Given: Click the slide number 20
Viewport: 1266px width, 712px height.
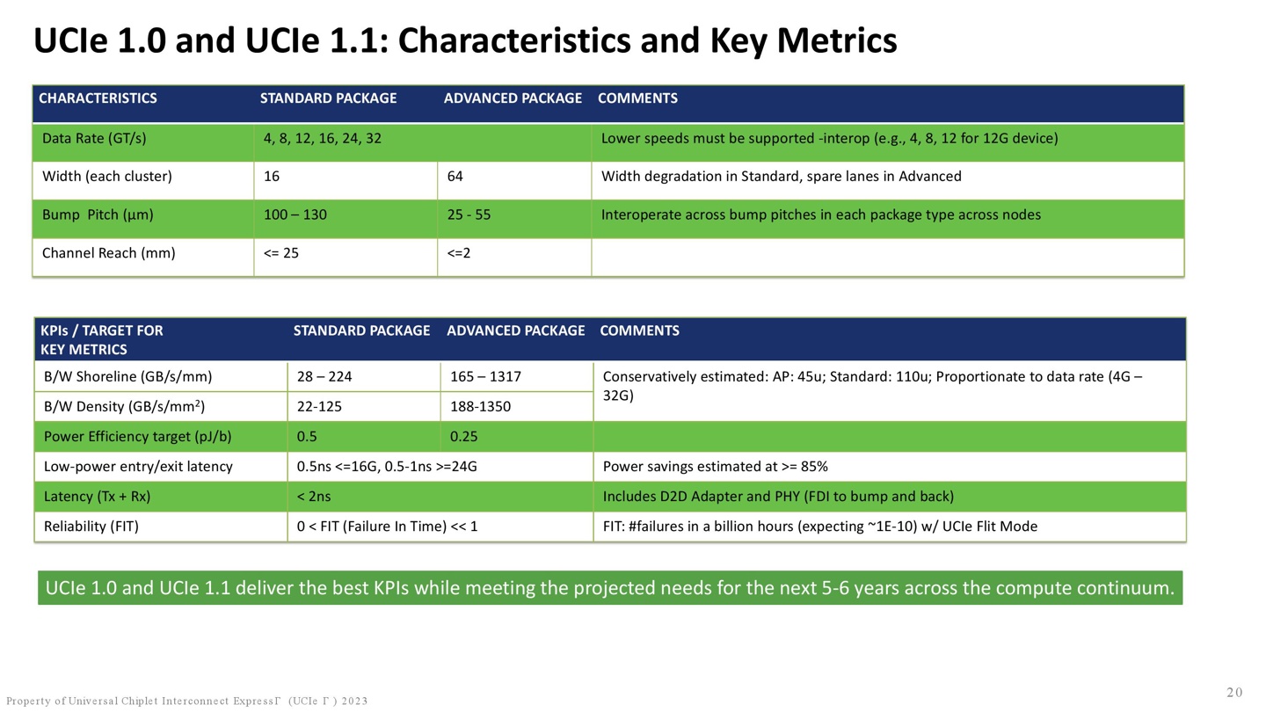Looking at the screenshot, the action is pos(1234,693).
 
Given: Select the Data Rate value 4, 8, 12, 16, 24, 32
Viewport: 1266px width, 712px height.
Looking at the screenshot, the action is pos(322,139).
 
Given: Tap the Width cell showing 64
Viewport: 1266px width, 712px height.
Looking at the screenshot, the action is pos(455,177).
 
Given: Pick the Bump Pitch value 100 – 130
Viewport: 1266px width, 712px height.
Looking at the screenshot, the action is pos(295,214).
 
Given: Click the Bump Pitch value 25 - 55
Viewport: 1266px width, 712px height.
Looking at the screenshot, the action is pos(469,214).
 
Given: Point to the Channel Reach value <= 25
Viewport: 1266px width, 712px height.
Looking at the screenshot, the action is pos(281,253).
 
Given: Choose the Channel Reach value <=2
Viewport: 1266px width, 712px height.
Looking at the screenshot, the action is pos(458,253).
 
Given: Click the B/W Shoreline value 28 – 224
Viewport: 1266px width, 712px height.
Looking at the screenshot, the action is pos(324,376).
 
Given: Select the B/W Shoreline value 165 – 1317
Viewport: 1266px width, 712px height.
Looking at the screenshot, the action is pos(485,376).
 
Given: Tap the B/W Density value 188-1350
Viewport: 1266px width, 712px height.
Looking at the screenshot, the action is pos(480,406).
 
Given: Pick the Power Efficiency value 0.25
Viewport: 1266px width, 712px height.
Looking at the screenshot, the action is pos(463,436).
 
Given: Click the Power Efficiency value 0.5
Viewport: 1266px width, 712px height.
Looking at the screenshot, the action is pos(307,436).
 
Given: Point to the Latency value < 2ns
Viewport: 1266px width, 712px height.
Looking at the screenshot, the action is pos(314,496).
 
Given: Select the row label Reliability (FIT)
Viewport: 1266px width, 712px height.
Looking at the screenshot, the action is pos(91,527).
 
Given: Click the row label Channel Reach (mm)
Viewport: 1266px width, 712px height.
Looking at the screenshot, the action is pos(108,253).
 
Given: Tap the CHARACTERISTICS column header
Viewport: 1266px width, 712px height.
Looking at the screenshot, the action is pos(98,98).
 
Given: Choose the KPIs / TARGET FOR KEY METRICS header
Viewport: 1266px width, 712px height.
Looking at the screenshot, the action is pos(102,339).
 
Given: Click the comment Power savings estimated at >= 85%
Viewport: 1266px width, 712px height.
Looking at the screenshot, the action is pos(715,467).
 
